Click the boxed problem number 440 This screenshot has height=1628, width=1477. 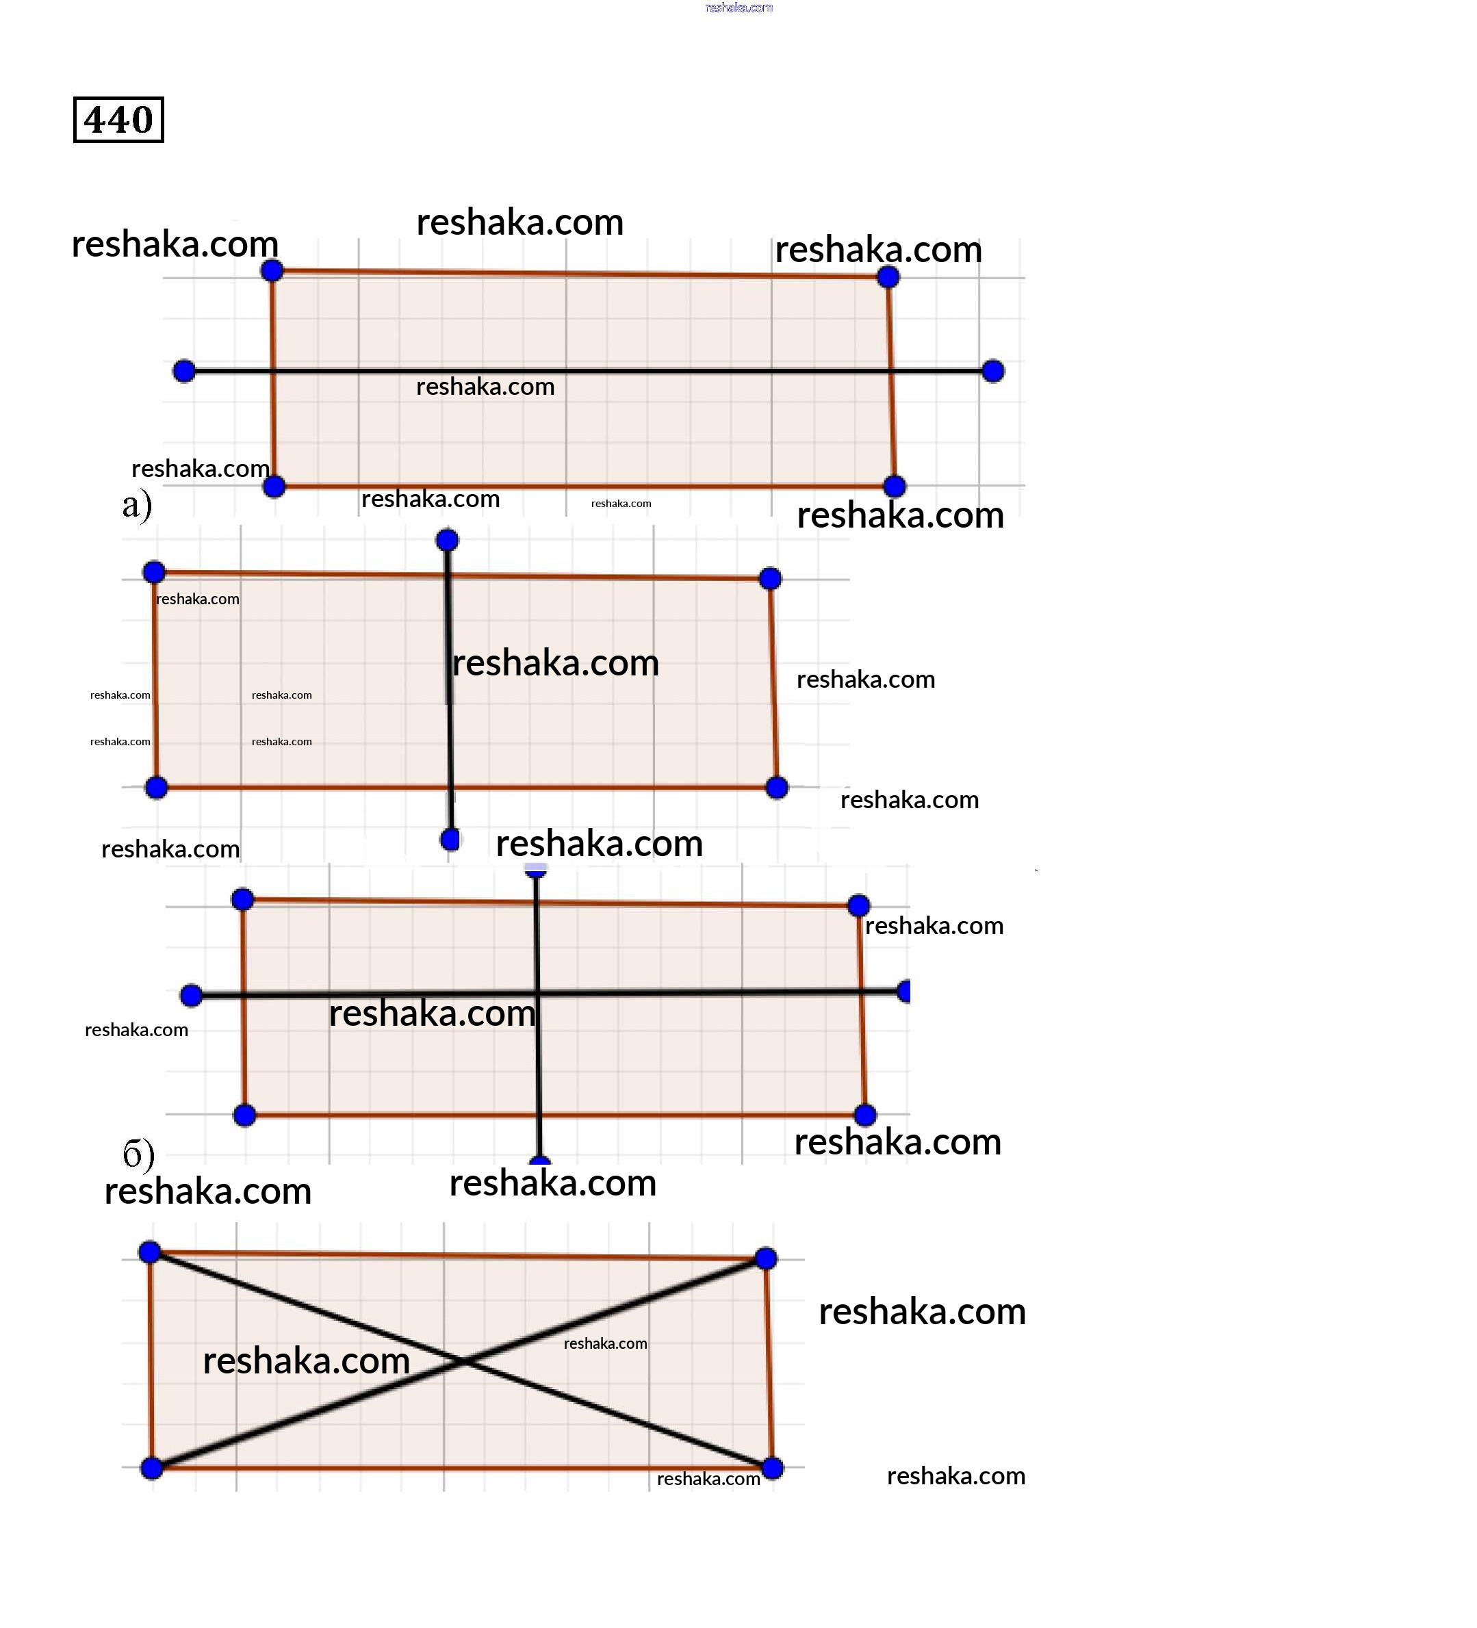click(x=118, y=120)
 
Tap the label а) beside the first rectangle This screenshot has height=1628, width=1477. click(x=138, y=505)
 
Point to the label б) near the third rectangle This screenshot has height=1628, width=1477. click(x=138, y=1154)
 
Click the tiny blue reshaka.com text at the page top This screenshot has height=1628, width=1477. click(x=739, y=8)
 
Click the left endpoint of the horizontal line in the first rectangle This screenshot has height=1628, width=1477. click(x=184, y=372)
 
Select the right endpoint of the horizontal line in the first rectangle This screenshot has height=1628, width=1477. click(x=993, y=372)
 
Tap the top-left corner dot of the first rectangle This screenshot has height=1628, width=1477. click(x=272, y=270)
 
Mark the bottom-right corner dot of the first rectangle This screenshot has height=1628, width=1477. click(x=895, y=486)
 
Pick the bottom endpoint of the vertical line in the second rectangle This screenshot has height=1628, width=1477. click(x=450, y=840)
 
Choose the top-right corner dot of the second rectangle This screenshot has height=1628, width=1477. click(x=771, y=578)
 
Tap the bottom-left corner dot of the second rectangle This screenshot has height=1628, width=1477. click(x=157, y=788)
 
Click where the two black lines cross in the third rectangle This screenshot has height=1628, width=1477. click(x=538, y=993)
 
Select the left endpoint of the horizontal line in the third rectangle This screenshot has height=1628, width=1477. click(x=192, y=996)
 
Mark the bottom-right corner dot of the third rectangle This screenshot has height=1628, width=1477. click(x=866, y=1115)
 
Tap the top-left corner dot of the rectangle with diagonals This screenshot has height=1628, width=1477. click(x=150, y=1252)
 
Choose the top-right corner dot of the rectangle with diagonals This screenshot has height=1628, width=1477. click(x=767, y=1258)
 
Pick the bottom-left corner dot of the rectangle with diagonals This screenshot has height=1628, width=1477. click(x=152, y=1468)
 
